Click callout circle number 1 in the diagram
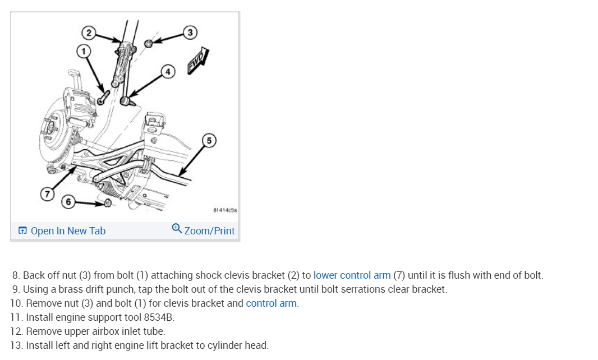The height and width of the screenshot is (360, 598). coord(84,51)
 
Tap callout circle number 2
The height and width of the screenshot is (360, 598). coord(88,31)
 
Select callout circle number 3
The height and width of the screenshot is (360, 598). coord(190,32)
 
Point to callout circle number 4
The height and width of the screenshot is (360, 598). coord(167,71)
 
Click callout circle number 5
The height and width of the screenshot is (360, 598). coord(209,140)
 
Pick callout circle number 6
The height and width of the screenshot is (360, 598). coord(68,201)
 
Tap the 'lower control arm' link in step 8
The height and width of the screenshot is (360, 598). coord(352,275)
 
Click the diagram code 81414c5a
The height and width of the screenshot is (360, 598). coord(226,210)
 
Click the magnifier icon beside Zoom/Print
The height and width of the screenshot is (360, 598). coord(177,229)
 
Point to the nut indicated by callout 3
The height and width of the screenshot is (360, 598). coord(149,44)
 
